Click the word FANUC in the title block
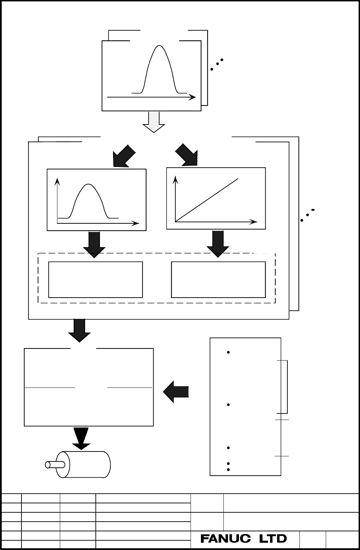(x=225, y=539)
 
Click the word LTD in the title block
(x=273, y=539)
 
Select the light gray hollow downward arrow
(x=154, y=122)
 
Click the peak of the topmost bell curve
(x=159, y=46)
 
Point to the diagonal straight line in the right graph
(x=207, y=200)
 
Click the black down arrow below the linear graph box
(x=218, y=244)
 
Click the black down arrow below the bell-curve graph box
(x=94, y=245)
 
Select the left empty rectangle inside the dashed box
(x=95, y=280)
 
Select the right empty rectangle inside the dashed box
(x=218, y=280)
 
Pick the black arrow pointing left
(x=176, y=392)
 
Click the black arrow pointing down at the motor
(x=81, y=439)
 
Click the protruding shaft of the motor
(x=55, y=465)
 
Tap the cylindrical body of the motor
(x=83, y=465)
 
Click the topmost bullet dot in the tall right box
(x=228, y=352)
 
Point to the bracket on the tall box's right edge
(x=287, y=387)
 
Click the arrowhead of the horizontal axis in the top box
(x=192, y=97)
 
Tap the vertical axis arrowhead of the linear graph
(x=175, y=180)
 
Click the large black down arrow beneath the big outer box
(x=79, y=330)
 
